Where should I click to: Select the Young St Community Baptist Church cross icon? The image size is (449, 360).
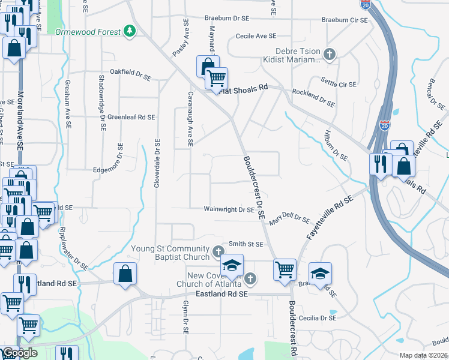pos(220,250)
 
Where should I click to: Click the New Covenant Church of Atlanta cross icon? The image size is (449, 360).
pos(250,278)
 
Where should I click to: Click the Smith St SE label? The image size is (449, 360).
pos(246,244)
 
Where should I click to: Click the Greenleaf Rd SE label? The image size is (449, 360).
pos(131,117)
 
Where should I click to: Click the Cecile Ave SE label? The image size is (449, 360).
pos(256,36)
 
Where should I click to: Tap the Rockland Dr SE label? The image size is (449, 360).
pos(313,97)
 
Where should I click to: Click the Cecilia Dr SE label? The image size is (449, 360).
pos(318,317)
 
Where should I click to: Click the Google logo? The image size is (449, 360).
pos(19,353)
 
